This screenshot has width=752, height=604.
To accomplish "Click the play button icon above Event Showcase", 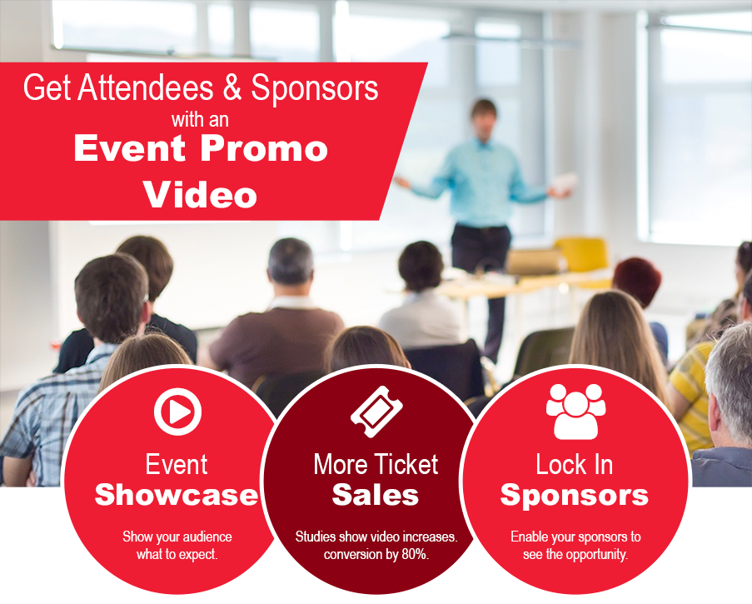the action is point(177,412).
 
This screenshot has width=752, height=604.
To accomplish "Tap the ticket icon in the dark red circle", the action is point(376,412).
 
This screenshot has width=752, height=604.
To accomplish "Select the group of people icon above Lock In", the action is point(575,412).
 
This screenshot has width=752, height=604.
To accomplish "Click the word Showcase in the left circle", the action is point(177,495).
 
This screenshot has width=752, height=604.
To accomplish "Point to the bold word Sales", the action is point(376,495).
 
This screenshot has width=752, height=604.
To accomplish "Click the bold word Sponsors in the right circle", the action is point(574,496).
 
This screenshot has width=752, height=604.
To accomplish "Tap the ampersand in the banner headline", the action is point(232,87).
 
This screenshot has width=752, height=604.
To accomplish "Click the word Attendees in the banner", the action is point(146,87).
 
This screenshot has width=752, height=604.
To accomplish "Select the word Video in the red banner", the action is point(200,194).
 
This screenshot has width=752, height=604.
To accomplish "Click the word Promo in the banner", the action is point(264,149).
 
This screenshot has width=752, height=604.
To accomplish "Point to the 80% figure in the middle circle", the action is point(415,554).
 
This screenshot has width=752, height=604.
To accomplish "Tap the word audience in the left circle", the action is point(207,537).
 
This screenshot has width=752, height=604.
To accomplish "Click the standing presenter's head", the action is point(483,116).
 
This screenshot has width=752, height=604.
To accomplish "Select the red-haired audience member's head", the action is point(637,282).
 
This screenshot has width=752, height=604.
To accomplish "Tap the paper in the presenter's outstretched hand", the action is point(565,182).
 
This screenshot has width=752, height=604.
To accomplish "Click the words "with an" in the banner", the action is point(200,119).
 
